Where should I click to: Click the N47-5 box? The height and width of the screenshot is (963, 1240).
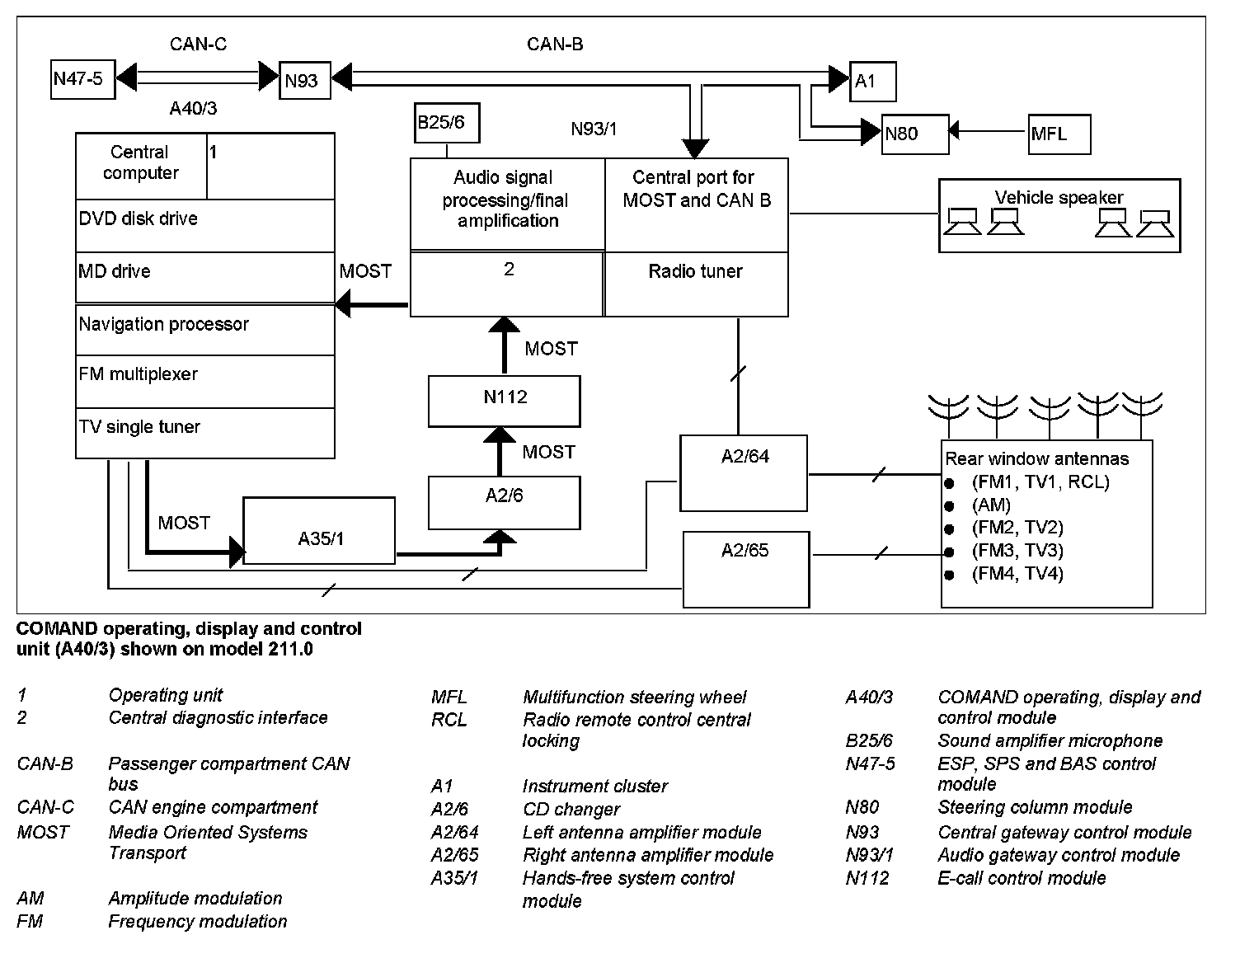point(82,79)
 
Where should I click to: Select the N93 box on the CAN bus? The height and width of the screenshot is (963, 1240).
point(304,81)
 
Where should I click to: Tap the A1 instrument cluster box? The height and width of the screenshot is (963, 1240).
point(872,81)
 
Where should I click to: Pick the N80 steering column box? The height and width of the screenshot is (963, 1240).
point(914,134)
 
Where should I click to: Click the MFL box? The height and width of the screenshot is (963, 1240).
point(1059,134)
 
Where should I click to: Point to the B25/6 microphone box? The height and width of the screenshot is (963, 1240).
point(446,123)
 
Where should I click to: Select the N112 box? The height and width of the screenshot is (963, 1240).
point(504,401)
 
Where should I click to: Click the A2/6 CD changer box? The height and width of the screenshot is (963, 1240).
point(504,503)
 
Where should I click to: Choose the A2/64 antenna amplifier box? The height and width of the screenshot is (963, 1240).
point(743,473)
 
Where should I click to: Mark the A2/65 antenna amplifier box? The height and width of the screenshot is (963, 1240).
point(746,570)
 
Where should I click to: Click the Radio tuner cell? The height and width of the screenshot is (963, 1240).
point(696,284)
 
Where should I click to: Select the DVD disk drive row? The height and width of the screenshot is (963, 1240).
point(204,225)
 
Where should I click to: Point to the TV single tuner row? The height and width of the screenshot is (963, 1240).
point(204,432)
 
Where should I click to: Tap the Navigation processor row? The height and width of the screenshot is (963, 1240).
point(204,330)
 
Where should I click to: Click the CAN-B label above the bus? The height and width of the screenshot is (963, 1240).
point(555,45)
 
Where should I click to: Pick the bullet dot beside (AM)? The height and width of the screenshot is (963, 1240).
point(949,505)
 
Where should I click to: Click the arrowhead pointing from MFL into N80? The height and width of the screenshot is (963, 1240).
point(955,130)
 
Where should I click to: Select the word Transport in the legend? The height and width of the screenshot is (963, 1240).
point(148,853)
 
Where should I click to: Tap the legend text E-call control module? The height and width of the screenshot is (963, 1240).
point(1022,878)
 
